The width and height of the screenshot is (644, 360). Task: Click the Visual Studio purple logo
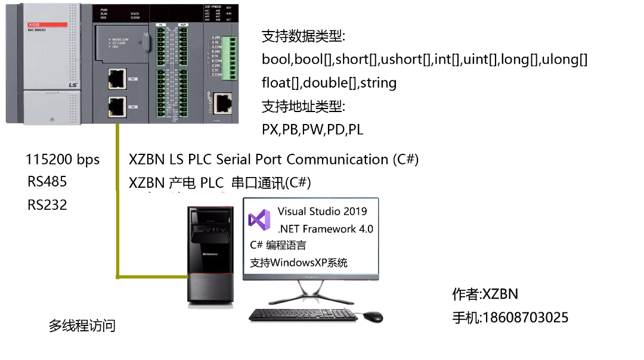coord(259,220)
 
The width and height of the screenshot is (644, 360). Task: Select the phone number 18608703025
coord(525,318)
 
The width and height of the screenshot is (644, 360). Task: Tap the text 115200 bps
coord(63,160)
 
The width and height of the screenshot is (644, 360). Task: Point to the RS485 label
coord(47,182)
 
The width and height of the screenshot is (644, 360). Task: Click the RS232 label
coord(47,205)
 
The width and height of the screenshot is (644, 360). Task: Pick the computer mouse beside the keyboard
coord(373,316)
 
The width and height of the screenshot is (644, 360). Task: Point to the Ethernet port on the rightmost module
coord(222,103)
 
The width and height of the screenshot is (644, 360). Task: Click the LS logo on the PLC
coord(73,85)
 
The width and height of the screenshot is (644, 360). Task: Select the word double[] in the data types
coord(330,83)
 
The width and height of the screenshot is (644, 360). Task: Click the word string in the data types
coord(379,83)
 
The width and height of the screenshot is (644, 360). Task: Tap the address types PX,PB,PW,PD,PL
coord(312,129)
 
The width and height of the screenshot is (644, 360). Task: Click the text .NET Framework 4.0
coord(326,229)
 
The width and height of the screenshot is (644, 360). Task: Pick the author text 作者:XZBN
coord(485,294)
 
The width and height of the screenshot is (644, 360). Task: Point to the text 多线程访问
coord(82,326)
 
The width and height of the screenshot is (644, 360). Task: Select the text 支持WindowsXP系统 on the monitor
coord(299,262)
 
